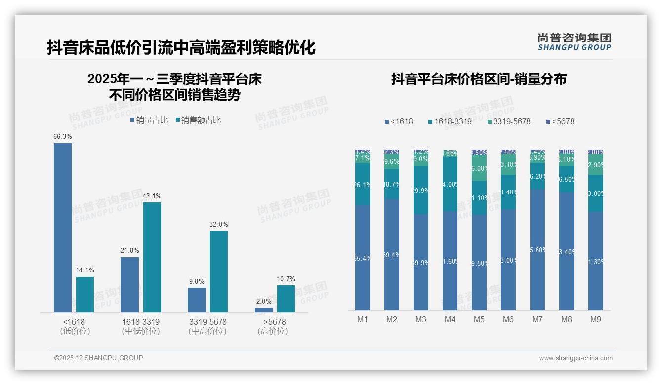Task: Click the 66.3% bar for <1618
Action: (63, 228)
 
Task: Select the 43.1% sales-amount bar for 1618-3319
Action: (152, 257)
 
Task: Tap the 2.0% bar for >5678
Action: (264, 310)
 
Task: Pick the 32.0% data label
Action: (219, 224)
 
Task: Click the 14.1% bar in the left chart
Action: (85, 294)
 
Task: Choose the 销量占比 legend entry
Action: (149, 120)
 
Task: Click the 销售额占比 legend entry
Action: (198, 120)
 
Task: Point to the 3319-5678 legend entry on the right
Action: (508, 121)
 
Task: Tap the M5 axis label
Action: (479, 319)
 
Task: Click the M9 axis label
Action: (596, 319)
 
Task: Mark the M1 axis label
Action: (363, 319)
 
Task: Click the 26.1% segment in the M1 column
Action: (363, 185)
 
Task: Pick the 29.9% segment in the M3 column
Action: (421, 190)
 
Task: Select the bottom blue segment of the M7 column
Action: (538, 249)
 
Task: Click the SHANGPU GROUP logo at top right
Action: (574, 41)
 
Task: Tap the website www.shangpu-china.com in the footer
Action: (576, 358)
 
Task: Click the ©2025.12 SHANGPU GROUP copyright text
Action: (99, 358)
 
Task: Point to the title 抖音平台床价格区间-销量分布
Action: (479, 79)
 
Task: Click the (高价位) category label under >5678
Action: (272, 331)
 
